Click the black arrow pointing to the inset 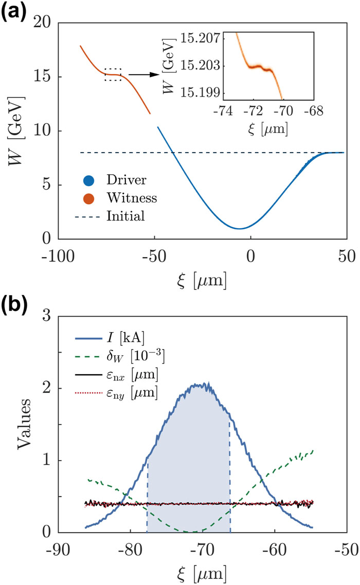pos(142,75)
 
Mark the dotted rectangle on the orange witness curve pos(113,75)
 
